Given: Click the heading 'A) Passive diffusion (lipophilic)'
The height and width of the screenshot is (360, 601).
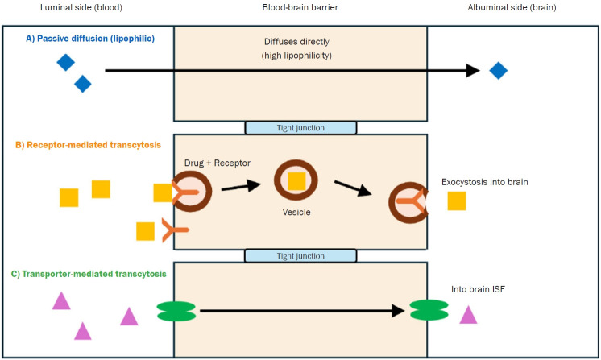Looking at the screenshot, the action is coord(90,39).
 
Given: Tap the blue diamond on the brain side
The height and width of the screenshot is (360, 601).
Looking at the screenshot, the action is coord(498,70).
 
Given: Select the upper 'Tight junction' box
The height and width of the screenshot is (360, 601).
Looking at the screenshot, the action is coord(300,128).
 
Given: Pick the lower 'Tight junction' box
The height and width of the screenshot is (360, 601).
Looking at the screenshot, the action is coord(300,256).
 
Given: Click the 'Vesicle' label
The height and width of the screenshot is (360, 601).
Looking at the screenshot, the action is coord(296,212).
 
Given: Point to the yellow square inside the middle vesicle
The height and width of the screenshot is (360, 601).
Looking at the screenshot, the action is coord(296,181).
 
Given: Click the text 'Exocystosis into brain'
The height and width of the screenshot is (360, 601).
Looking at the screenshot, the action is coord(484,182).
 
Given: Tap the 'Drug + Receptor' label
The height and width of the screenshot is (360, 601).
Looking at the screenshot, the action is coord(217,163).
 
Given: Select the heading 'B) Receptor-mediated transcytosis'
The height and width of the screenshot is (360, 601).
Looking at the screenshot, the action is coord(88,145).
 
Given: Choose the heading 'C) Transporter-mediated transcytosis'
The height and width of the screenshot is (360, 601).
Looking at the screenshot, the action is coord(89,274).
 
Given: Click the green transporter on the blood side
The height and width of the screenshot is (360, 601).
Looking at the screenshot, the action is coord(176,311).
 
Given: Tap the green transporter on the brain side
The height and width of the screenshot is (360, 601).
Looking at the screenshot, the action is coord(429,310).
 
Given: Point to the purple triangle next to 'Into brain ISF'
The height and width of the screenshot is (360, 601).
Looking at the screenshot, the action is coord(468,316).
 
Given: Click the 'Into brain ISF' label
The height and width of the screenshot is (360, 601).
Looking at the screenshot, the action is coord(478,289).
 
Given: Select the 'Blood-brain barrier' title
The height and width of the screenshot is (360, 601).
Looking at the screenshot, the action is coord(300,8).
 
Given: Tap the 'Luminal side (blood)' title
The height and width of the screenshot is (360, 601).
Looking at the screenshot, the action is coord(81,8).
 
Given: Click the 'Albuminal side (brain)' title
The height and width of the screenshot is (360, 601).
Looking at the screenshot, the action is coord(512,8).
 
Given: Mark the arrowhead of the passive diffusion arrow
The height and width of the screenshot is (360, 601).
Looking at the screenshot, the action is coord(474,70).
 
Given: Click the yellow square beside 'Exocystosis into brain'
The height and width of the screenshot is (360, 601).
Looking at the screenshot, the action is coord(457,201).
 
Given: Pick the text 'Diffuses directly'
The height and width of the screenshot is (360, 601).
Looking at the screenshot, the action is coord(296,42).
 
